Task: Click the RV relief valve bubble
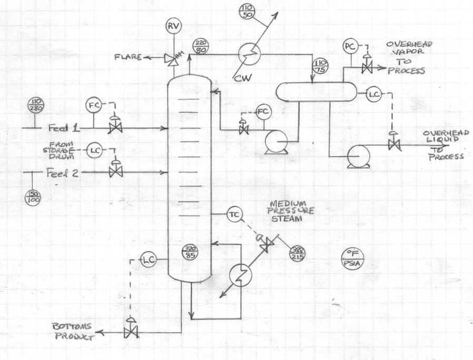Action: click(172, 25)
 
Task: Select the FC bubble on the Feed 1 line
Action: click(94, 105)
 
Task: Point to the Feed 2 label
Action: click(64, 172)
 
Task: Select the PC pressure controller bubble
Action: click(349, 46)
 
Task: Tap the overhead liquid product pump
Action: click(358, 156)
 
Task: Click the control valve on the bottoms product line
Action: click(129, 332)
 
